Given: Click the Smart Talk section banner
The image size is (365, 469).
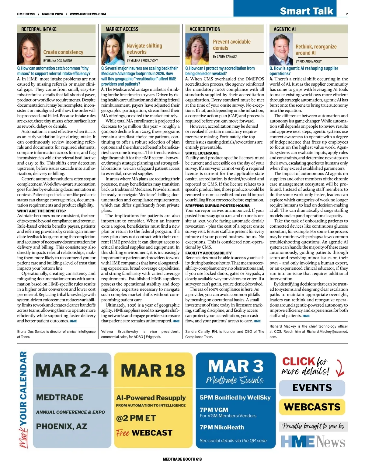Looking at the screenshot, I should pos(306,11).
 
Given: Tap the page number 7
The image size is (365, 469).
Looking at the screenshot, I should pos(347,14).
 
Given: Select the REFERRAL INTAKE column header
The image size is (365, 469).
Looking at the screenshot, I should pos(39,29).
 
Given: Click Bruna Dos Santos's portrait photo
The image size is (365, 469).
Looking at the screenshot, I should pos(29,49).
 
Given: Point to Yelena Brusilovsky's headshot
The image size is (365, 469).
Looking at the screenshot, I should pos(113,49).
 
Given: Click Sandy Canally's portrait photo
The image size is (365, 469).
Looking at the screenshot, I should pos(197,49).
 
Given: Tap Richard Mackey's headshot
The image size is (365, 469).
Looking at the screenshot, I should pos(281,49).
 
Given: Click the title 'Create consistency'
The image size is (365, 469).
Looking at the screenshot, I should pos(63,52).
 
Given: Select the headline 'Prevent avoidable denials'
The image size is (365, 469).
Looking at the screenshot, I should pos(232,45).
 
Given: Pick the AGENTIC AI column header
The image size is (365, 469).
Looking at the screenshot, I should pos(285,29).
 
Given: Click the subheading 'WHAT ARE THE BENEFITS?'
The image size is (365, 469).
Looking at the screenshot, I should pos(42,211).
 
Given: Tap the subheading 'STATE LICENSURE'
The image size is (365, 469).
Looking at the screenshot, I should pos(202,153).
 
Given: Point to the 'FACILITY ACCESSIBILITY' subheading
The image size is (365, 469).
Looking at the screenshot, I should pos(208,253).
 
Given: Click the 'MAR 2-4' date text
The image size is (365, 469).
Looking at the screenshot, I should pos(72,371).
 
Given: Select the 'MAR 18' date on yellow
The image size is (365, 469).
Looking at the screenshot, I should pos(153,371).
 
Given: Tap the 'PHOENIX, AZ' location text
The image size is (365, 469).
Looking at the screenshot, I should pos(61,426).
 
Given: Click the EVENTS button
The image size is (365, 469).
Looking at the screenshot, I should pos(312,388).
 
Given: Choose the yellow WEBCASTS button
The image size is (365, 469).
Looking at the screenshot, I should pos(312,407).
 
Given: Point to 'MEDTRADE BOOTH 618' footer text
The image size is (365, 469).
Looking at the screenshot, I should pos(182,459).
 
